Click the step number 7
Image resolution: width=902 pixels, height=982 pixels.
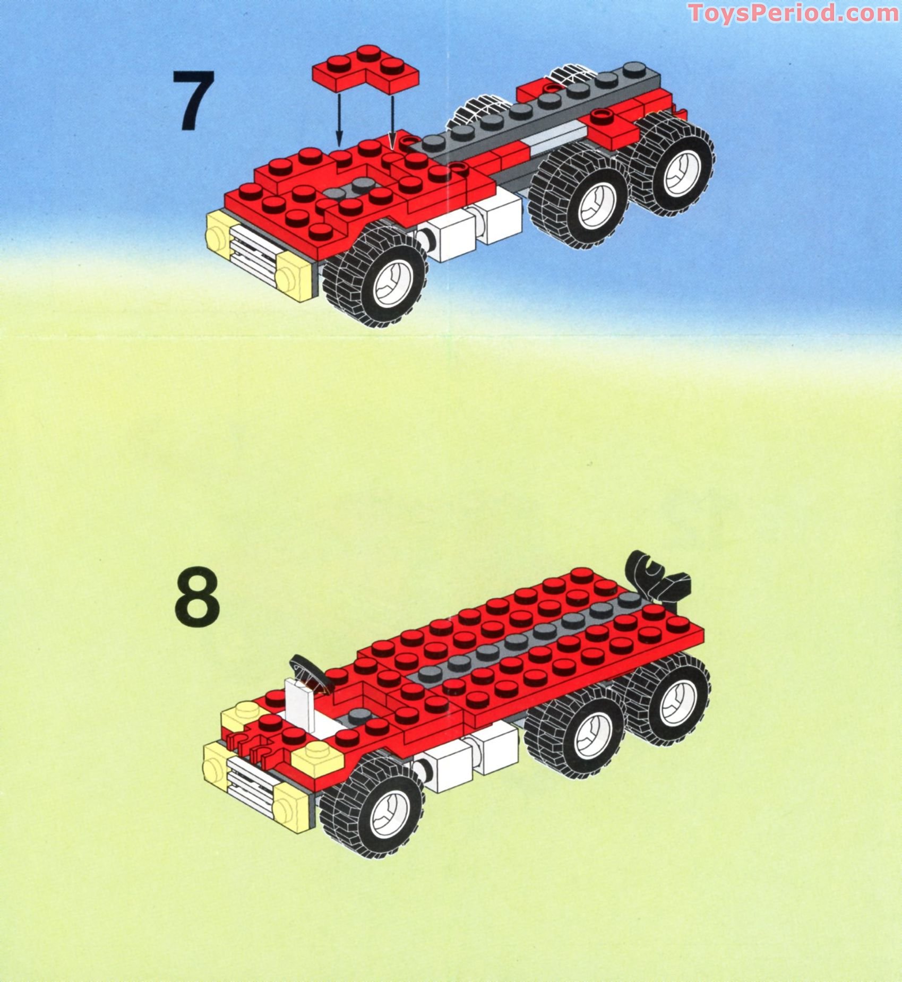(x=194, y=100)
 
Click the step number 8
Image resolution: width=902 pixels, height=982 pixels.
(x=196, y=597)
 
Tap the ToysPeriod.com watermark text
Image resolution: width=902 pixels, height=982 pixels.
(x=793, y=13)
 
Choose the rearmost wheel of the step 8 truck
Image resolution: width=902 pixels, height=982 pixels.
(x=670, y=700)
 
